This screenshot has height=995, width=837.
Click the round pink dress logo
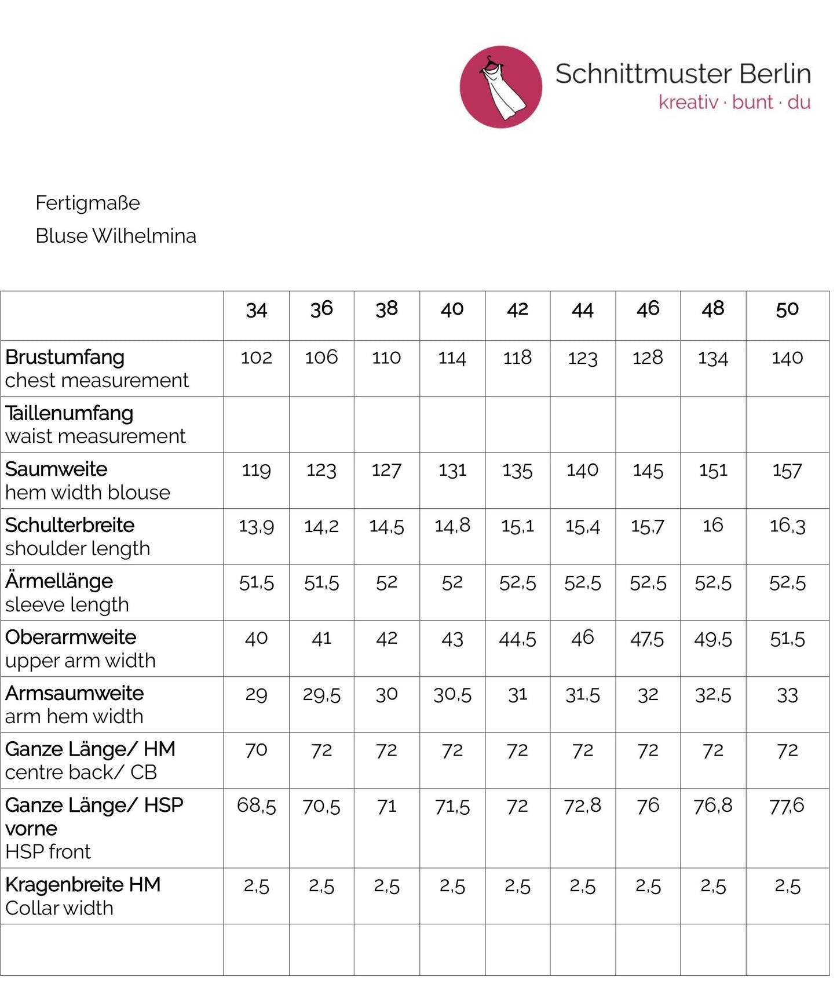500,87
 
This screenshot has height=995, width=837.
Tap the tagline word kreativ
688,103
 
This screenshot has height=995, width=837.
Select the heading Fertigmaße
87,203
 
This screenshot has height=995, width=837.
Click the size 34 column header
256,310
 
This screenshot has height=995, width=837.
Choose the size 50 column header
787,309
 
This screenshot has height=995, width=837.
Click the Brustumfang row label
65,357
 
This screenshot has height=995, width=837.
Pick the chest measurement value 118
517,358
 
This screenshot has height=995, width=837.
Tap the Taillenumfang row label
70,413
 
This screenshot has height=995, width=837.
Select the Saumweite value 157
787,470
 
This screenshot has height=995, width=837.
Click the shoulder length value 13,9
256,526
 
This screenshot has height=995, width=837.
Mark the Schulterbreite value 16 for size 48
712,525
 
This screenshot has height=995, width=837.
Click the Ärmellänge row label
59,581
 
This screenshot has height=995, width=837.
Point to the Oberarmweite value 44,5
517,639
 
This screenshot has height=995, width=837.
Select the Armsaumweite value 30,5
452,694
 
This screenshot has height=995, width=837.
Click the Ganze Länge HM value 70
256,750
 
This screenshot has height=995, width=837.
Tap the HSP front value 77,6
787,806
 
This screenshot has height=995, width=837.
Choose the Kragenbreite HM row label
83,884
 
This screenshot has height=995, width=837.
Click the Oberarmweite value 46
582,637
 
